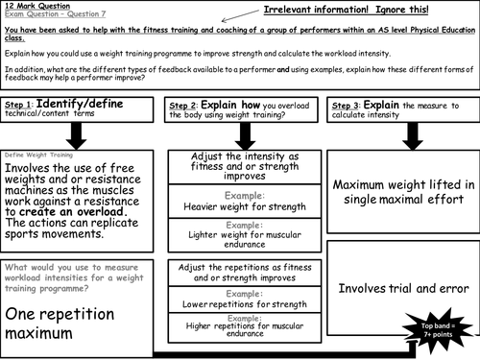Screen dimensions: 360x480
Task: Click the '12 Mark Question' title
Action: pos(36,7)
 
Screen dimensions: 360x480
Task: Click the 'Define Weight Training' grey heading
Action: pos(39,155)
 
